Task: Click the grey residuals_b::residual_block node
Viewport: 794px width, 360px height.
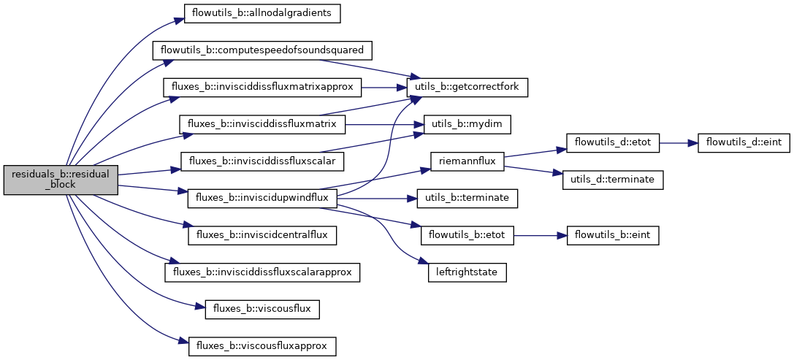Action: pos(61,180)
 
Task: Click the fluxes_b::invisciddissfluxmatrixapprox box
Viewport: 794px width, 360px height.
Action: pos(262,87)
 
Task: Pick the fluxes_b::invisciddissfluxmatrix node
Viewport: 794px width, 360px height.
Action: pos(262,124)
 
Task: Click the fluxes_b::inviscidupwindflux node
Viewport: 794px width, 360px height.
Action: pos(262,198)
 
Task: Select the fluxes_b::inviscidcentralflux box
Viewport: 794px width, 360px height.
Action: pos(262,235)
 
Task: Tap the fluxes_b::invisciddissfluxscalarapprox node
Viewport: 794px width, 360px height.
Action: pos(262,272)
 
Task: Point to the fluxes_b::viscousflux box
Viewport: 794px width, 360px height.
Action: pos(262,309)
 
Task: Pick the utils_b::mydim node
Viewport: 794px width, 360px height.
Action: pos(467,124)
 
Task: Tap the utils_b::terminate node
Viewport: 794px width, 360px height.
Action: pos(467,198)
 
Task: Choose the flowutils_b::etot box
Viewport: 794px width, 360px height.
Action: pos(467,235)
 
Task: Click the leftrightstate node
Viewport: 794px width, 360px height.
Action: pos(467,272)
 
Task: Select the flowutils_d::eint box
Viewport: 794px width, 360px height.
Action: pos(743,142)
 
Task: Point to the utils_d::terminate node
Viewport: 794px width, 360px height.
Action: pos(613,180)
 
